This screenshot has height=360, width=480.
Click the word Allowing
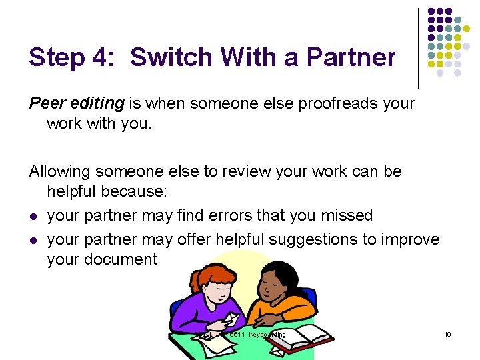[60, 171]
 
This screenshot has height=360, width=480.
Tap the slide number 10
[447, 334]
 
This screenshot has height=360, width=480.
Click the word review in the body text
[231, 171]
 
